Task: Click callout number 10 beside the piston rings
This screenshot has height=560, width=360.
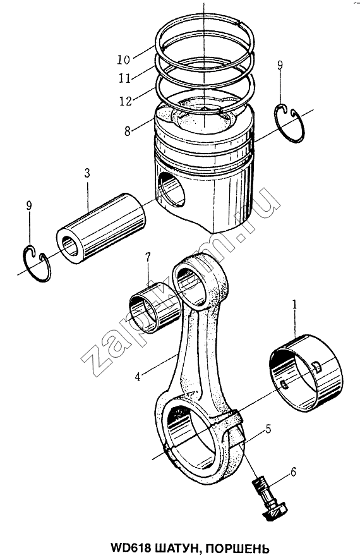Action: point(124,59)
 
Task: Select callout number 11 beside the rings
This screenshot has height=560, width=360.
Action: point(125,78)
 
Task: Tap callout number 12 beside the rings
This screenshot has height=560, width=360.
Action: point(126,101)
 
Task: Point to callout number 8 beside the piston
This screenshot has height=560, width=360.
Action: point(128,131)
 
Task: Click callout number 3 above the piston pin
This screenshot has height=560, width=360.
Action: point(87,173)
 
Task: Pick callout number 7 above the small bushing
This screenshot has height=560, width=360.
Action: point(148,257)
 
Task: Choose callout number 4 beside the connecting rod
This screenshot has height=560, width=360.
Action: point(137,376)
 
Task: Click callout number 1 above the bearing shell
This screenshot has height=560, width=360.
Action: point(295,305)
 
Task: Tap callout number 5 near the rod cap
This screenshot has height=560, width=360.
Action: point(268,429)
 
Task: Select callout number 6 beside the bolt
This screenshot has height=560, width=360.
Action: point(293,472)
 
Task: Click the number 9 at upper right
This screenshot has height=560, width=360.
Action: point(280,65)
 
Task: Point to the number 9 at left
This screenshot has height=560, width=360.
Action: point(29,205)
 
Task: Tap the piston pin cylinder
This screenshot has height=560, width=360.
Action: point(102,229)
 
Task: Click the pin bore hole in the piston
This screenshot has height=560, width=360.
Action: point(172,189)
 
